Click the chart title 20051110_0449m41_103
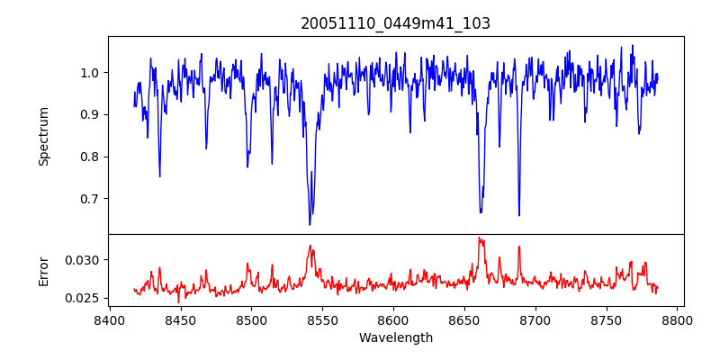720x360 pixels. pos(396,23)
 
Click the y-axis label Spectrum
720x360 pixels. pos(44,136)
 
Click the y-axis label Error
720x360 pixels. pos(44,270)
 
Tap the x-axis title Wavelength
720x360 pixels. pos(396,338)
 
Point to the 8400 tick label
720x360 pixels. pos(109,320)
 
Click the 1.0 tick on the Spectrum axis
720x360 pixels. pos(90,73)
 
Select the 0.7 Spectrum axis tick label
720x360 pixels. pos(90,199)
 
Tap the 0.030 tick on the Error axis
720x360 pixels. pos(85,260)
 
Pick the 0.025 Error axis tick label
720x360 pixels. pos(85,298)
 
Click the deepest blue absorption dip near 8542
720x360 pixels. pos(310,224)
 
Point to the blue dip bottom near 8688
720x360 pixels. pos(518,215)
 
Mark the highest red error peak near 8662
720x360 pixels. pos(479,238)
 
